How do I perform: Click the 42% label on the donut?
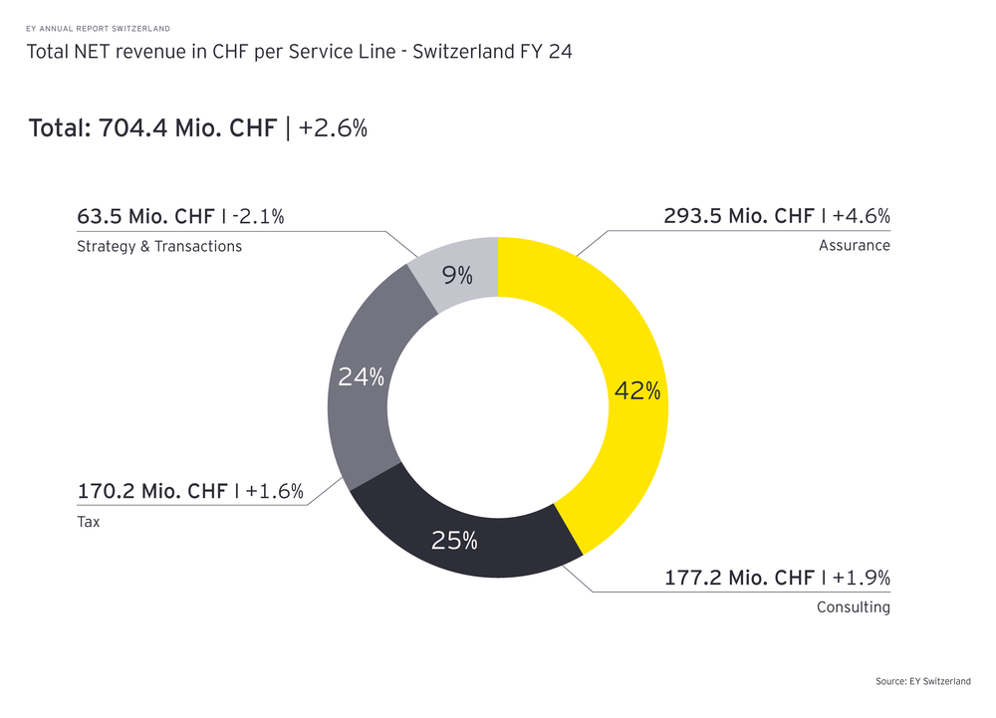coord(637,391)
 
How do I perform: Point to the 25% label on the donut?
coord(454,541)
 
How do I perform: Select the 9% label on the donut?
coord(457,275)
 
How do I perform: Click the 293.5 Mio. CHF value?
coord(739,216)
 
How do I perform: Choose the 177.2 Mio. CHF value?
coord(739,578)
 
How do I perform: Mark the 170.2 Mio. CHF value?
coord(152,491)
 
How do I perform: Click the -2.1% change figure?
coord(258,216)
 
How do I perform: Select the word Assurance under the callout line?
coord(854,245)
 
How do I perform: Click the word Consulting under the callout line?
coord(853,607)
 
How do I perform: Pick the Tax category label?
coord(89,521)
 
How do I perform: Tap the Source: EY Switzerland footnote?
coord(923,681)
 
